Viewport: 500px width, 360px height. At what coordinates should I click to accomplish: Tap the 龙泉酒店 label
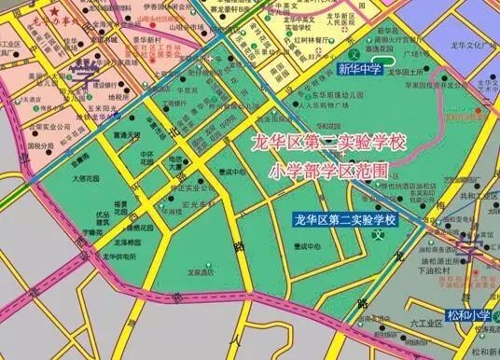[x=198, y=273]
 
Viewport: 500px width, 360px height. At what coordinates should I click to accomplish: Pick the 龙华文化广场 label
[x=481, y=44]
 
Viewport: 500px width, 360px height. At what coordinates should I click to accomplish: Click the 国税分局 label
[x=39, y=146]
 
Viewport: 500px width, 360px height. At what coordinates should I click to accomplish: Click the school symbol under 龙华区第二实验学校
[x=379, y=234]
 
